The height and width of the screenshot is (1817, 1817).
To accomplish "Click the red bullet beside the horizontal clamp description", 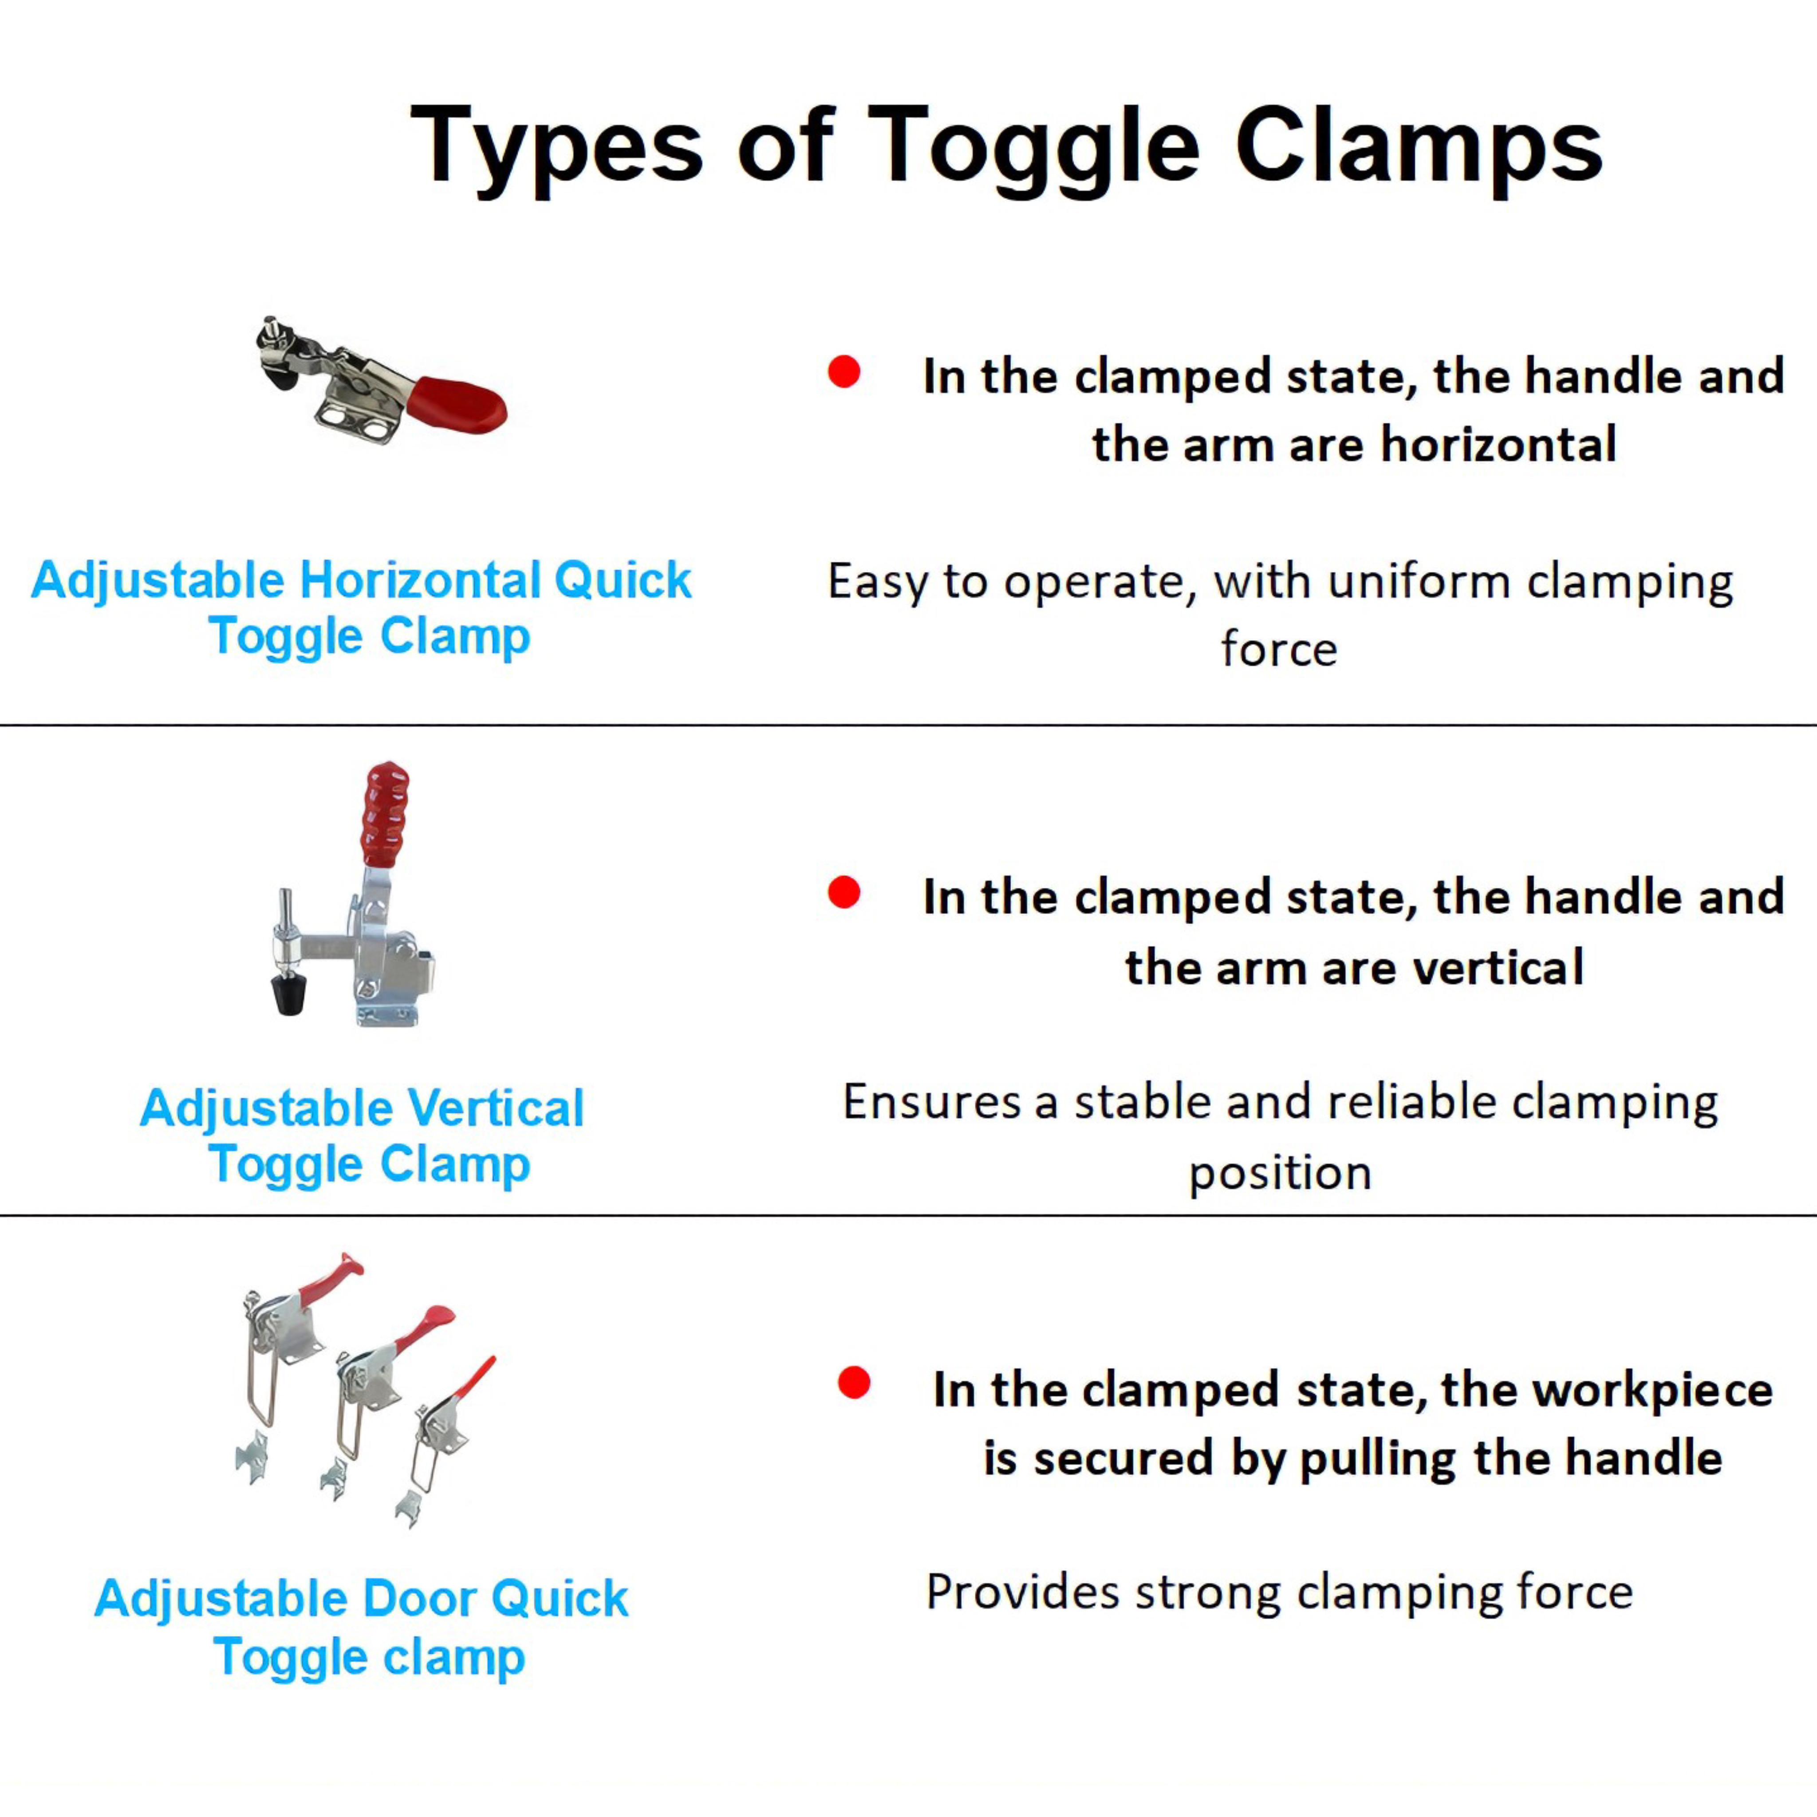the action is [x=843, y=371].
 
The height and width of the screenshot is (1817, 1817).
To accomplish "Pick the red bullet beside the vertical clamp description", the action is [x=843, y=892].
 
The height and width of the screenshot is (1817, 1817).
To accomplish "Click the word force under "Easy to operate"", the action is [x=1279, y=649].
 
